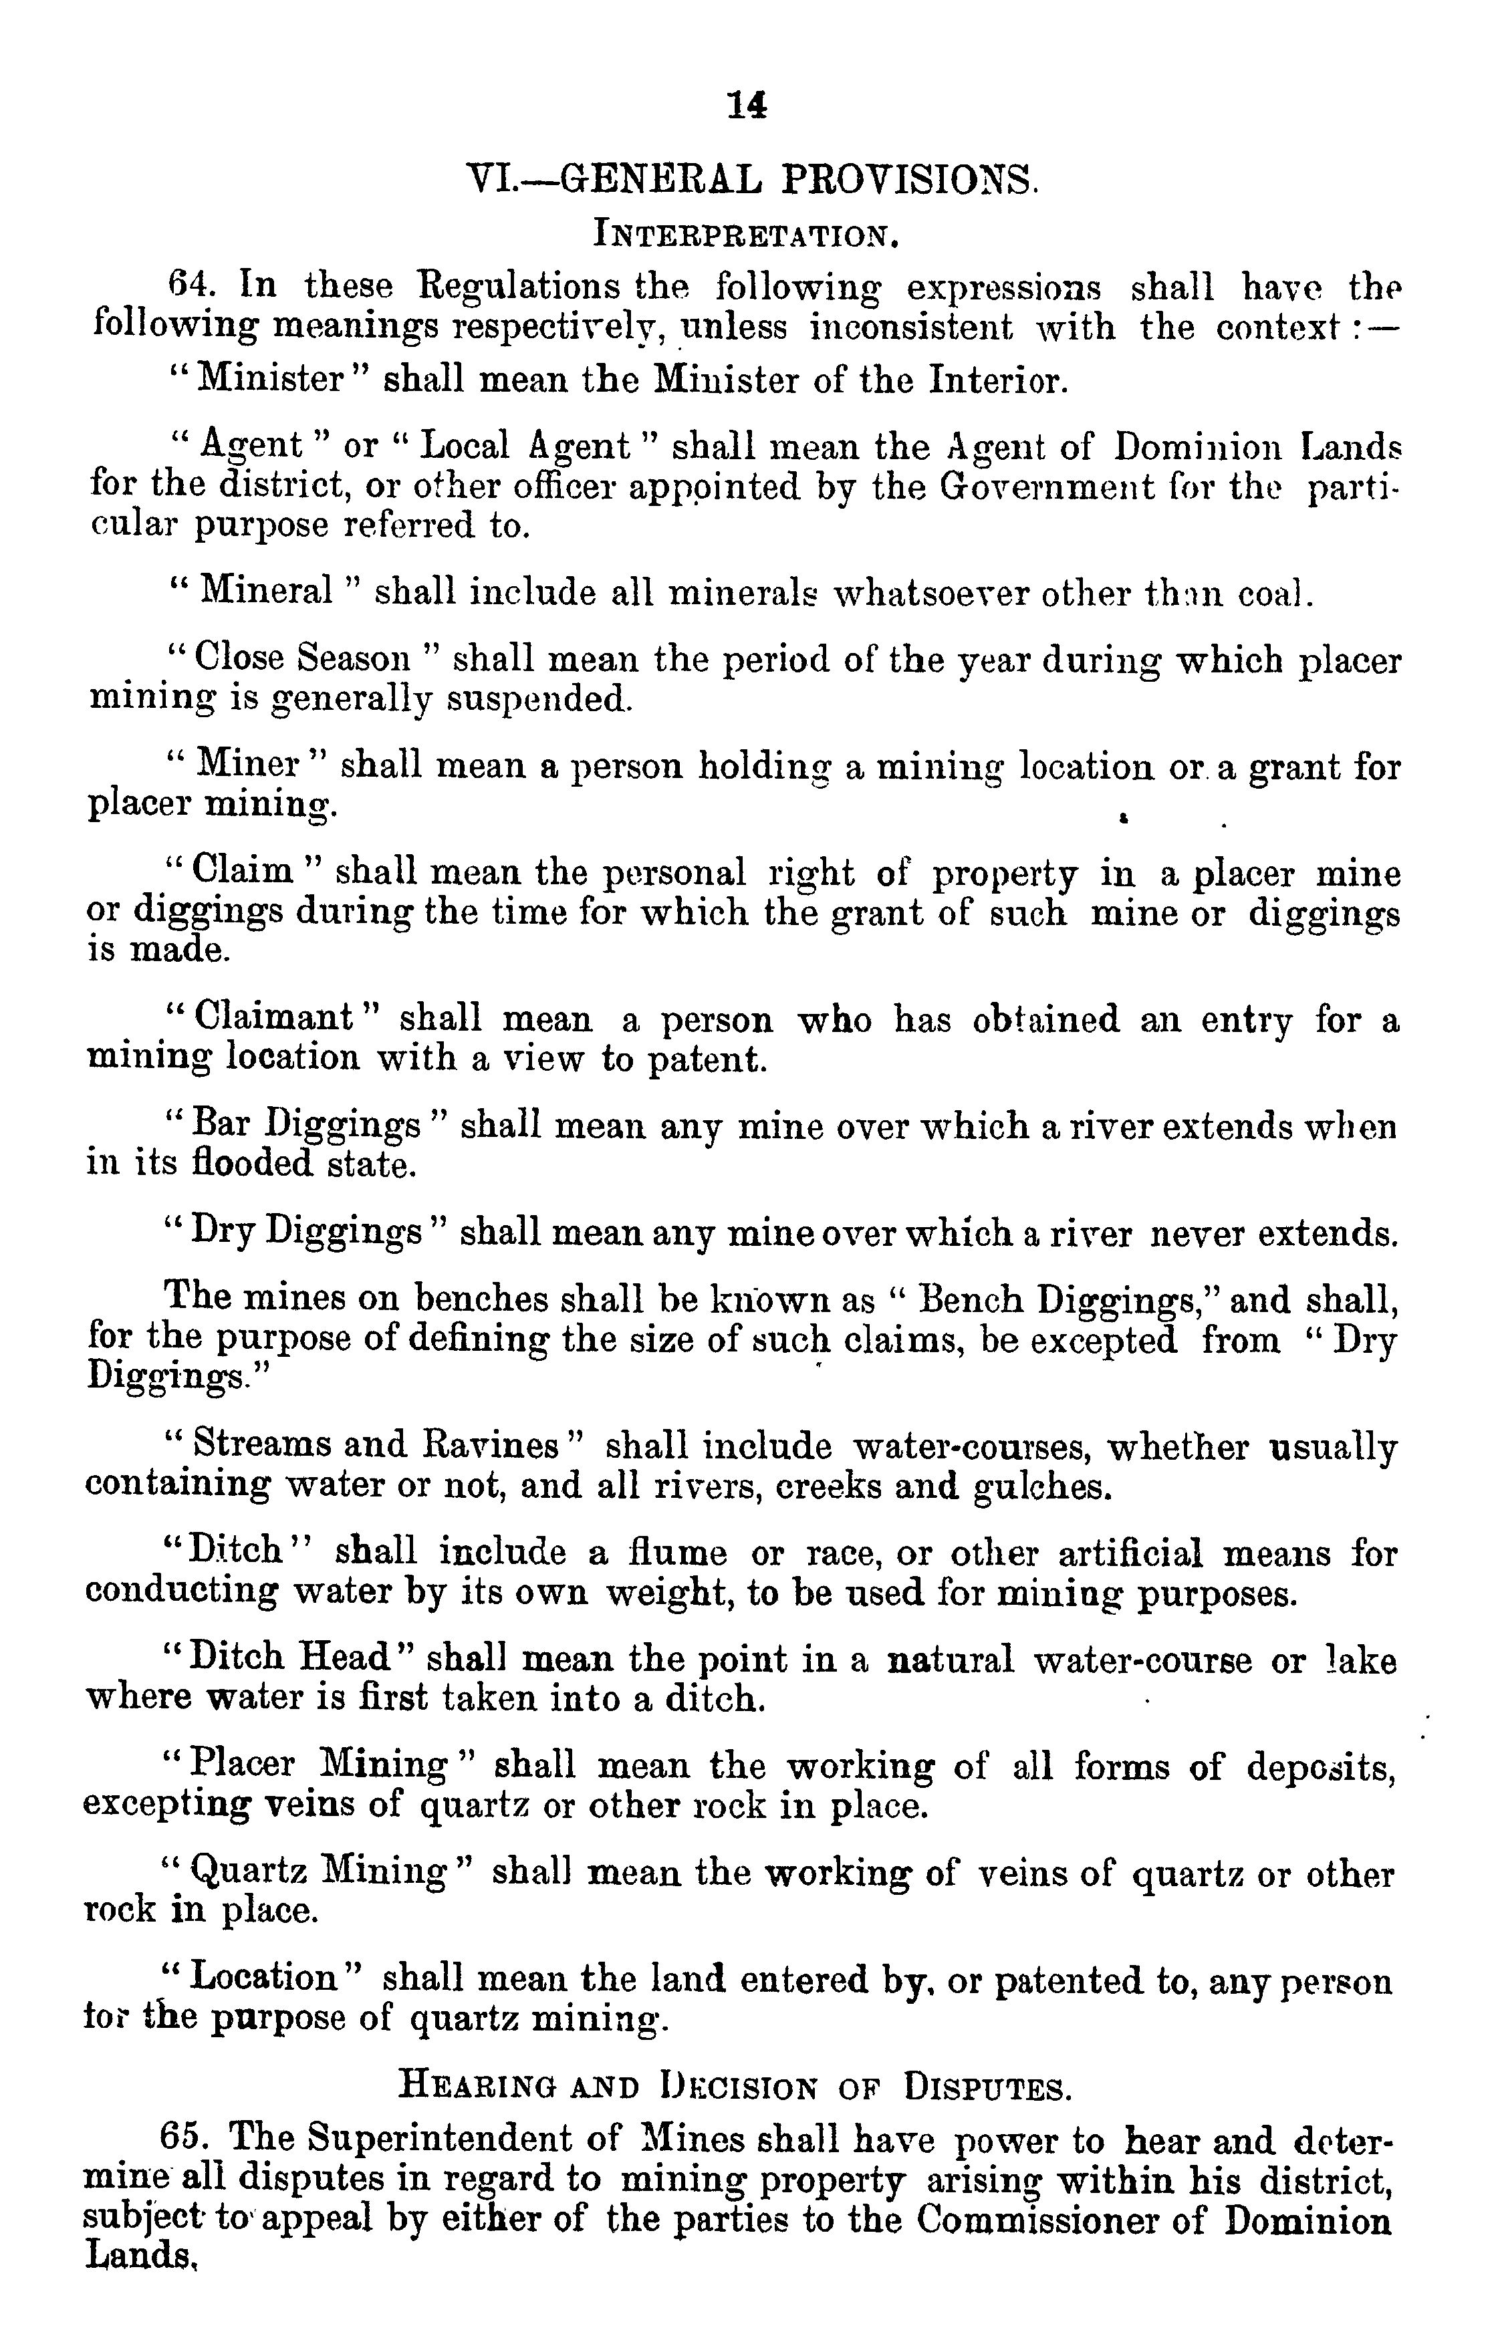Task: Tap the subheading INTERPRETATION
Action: coord(745,235)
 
